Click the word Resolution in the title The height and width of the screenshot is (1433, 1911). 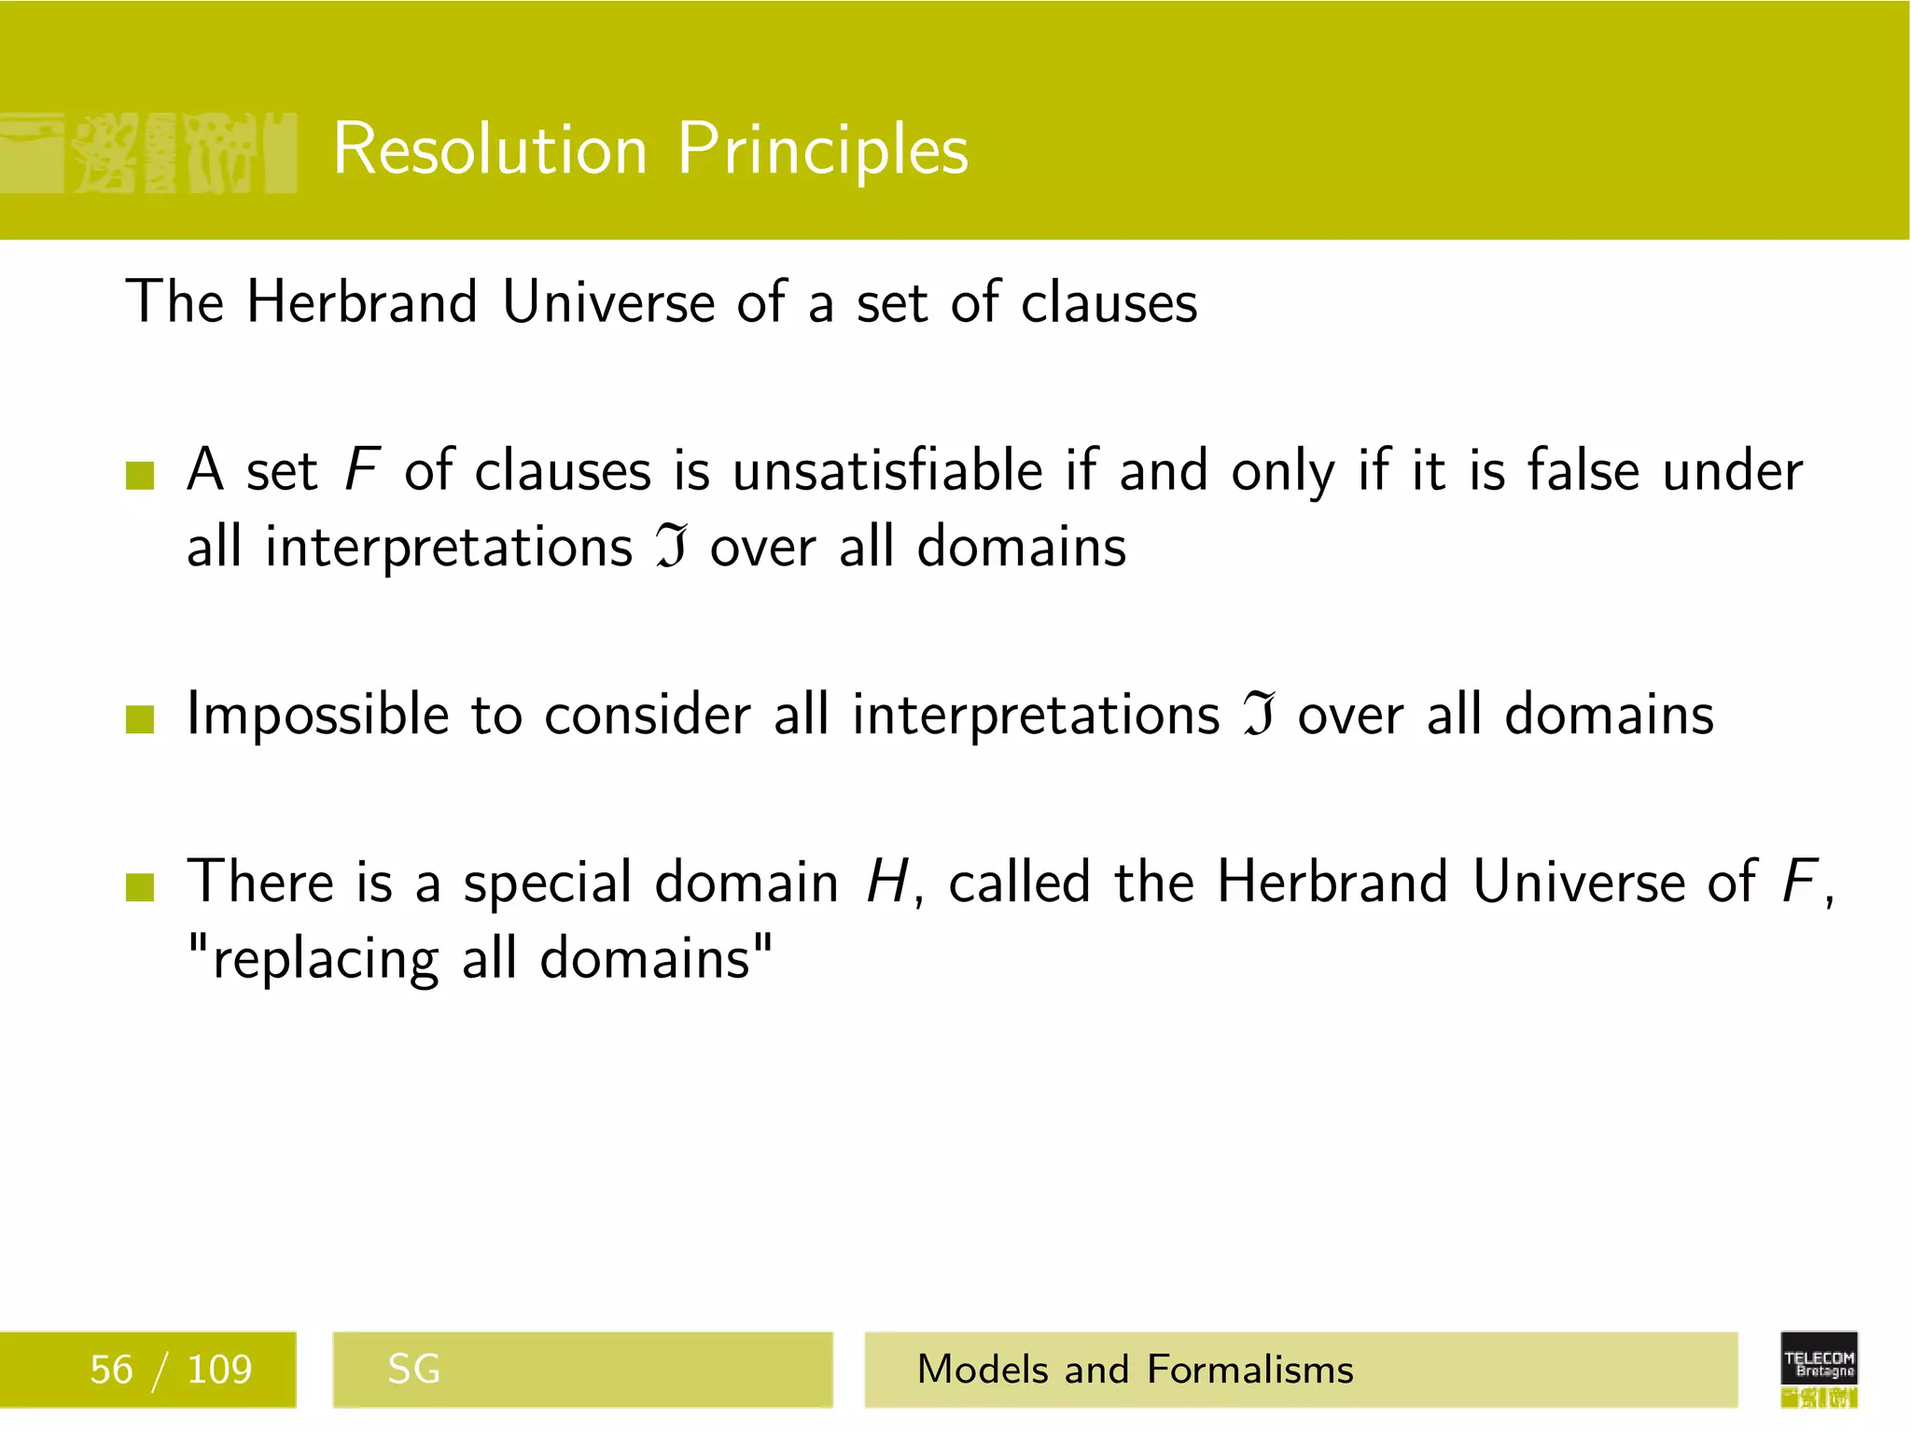[x=490, y=149]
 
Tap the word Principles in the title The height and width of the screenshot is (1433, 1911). [x=823, y=149]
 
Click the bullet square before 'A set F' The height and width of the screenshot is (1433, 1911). [x=139, y=475]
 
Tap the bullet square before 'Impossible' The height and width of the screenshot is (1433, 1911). [x=139, y=719]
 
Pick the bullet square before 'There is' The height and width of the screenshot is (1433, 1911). [x=139, y=887]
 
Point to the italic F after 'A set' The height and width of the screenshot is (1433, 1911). [x=361, y=469]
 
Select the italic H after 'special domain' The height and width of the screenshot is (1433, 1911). [x=886, y=883]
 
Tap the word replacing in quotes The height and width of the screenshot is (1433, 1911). [x=326, y=960]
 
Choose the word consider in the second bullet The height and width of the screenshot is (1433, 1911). [x=648, y=716]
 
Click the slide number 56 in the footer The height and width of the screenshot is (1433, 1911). [x=111, y=1370]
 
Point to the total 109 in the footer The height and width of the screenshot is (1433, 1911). [x=219, y=1370]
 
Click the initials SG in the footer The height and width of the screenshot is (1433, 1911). [x=413, y=1370]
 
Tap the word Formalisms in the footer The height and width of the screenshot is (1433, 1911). [x=1249, y=1370]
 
